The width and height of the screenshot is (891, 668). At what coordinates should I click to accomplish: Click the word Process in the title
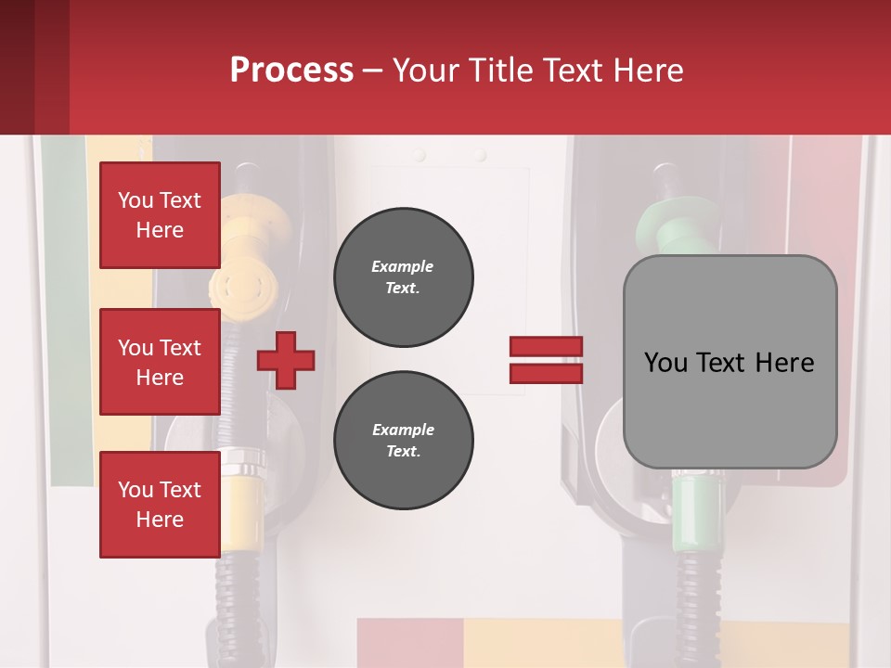[291, 70]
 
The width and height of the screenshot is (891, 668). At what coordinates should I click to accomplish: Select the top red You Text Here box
[160, 215]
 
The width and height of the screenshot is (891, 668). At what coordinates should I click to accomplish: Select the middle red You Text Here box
[160, 362]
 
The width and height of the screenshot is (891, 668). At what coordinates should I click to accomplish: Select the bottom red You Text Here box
[160, 505]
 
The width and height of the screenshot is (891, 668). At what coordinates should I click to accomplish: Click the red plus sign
[286, 360]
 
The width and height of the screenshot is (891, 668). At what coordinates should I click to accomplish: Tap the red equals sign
[546, 360]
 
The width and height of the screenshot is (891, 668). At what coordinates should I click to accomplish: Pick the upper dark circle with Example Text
[403, 277]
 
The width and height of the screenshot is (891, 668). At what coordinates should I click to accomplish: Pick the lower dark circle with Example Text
[403, 441]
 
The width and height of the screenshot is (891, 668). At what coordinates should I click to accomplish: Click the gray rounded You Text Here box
[730, 362]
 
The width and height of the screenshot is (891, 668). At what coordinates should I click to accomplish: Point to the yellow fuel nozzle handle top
[249, 223]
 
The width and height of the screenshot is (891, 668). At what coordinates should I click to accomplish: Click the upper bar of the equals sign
[546, 347]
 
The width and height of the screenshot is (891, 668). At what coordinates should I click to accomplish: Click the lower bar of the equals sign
[546, 373]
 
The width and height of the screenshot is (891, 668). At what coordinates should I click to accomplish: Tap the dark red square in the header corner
[34, 67]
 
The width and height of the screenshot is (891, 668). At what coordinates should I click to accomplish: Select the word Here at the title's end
[647, 71]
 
